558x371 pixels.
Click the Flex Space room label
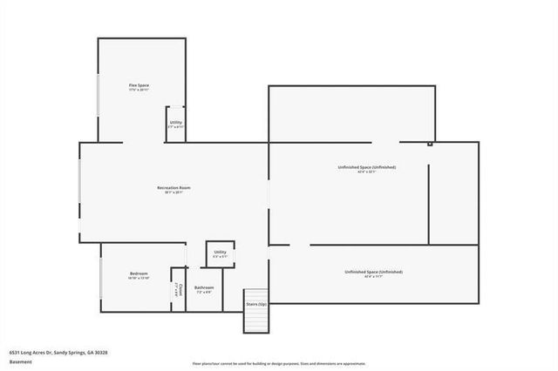pos(139,84)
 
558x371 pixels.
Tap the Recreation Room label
pos(174,187)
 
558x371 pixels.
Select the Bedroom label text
pos(138,273)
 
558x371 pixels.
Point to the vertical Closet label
pos(179,289)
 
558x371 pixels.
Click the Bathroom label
pos(205,287)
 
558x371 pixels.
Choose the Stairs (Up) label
pos(256,304)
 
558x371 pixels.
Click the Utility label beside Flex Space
pos(176,123)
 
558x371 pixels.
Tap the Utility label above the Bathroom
pos(220,252)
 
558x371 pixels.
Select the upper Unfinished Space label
pos(366,166)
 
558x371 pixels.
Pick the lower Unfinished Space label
pos(373,272)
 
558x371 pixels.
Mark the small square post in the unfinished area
pos(429,145)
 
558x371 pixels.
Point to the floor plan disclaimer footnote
pos(279,363)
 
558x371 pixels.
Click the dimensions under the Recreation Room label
pos(174,192)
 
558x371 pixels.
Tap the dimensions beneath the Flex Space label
pos(139,90)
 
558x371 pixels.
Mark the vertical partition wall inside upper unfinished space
pos(428,200)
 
